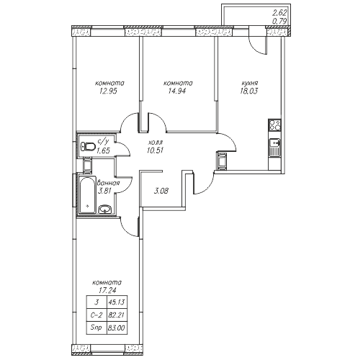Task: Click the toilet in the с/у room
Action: point(88,146)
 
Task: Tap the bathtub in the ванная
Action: point(88,195)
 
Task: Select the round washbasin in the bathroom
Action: point(105,210)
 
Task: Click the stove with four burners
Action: point(274,125)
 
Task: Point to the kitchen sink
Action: point(274,148)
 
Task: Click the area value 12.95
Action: point(107,91)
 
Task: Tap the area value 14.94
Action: point(177,91)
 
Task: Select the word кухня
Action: point(250,84)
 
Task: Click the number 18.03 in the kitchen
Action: point(248,91)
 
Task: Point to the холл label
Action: point(156,143)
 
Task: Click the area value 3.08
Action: point(161,191)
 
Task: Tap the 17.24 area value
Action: point(107,290)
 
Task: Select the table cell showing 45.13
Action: point(117,302)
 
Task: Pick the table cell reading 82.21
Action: point(117,315)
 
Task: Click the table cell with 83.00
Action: point(117,328)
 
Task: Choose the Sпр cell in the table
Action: point(97,328)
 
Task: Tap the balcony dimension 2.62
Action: point(280,13)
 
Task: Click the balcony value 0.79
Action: point(279,22)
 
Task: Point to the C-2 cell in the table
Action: point(97,315)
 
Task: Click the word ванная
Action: point(108,184)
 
